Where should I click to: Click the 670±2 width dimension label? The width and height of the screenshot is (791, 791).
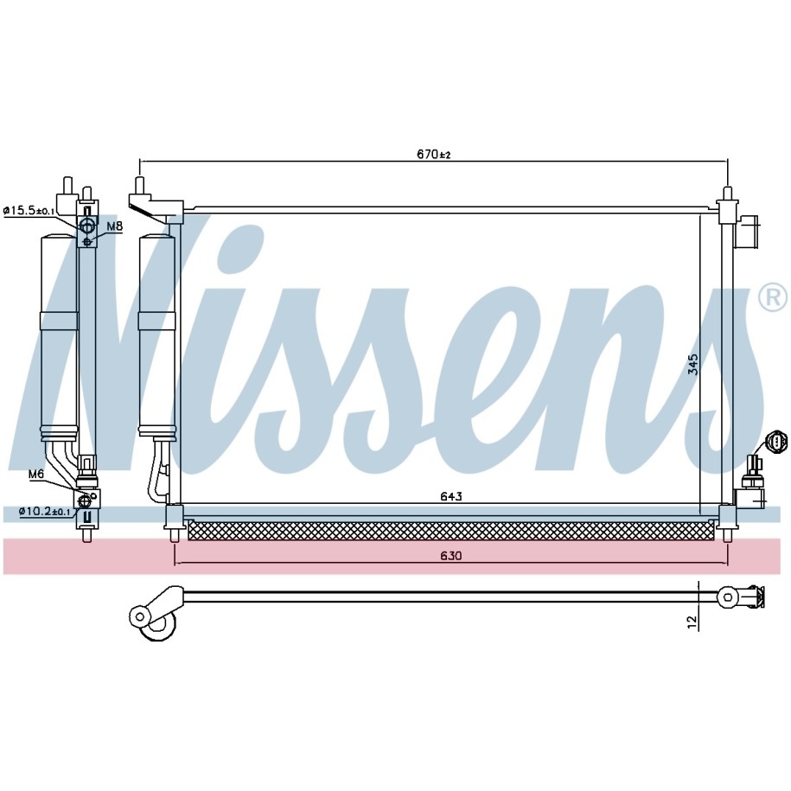[434, 154]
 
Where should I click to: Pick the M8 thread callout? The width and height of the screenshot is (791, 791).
[115, 227]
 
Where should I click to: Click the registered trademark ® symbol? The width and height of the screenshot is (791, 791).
[772, 297]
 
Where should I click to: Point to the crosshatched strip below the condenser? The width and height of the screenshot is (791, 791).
[453, 529]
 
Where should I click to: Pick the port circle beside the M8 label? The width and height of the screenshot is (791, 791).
[87, 226]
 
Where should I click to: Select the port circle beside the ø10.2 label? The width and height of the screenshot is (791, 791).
[86, 501]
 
